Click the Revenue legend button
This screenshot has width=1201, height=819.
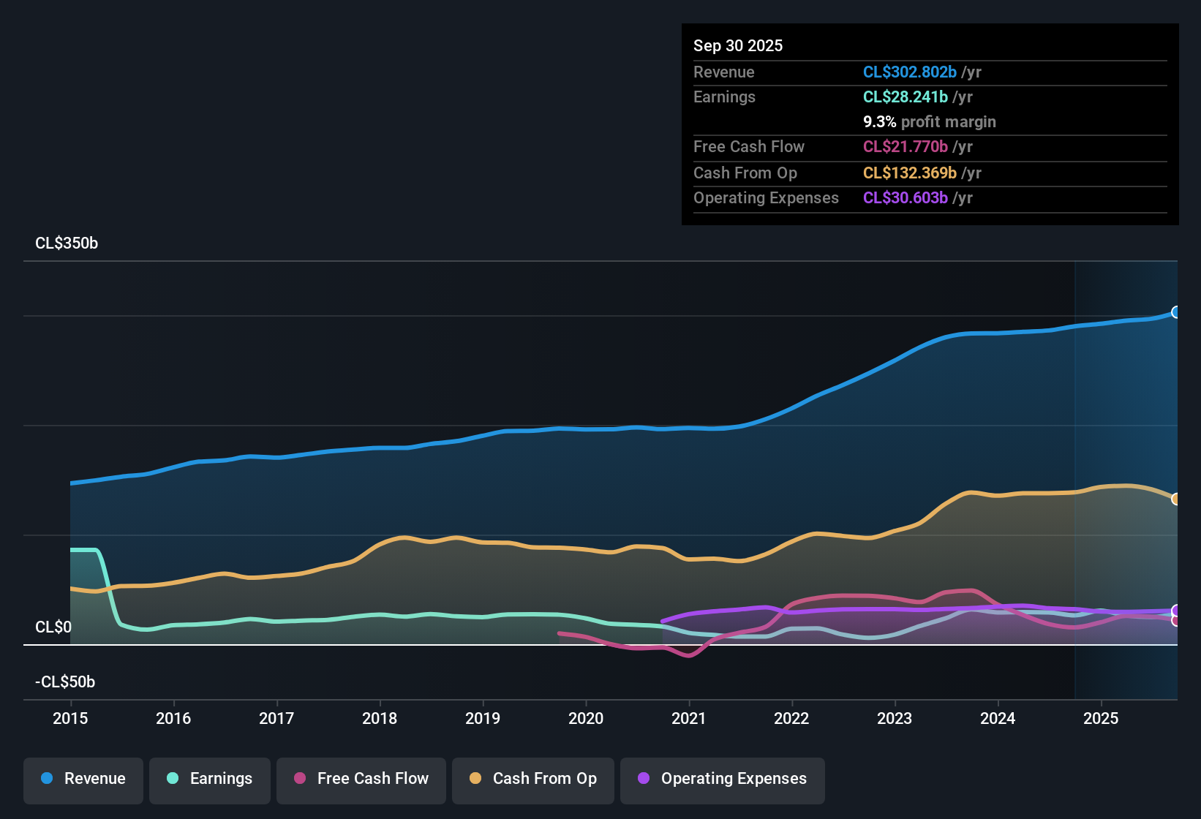83,779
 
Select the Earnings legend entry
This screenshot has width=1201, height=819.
210,779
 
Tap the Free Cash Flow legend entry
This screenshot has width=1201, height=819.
361,779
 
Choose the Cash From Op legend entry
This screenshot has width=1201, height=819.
533,779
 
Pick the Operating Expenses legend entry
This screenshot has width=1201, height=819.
723,779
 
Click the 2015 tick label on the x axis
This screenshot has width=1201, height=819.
70,719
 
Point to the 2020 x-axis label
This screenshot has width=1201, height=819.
586,719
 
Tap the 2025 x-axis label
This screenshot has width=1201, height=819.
1101,719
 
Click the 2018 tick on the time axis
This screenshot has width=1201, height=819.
380,719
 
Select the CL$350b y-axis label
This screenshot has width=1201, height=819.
67,244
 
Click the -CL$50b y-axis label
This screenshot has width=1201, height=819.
65,682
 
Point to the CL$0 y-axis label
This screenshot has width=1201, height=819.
53,627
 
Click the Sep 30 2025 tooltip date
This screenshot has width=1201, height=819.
738,46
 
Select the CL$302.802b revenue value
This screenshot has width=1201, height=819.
909,72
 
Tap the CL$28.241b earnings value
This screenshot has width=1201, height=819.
905,97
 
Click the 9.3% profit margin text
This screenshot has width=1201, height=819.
929,122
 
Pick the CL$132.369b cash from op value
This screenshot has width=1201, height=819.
909,173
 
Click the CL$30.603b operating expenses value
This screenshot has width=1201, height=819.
905,198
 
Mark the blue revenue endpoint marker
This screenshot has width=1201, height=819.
1175,312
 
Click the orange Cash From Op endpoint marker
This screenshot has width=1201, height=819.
1175,499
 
